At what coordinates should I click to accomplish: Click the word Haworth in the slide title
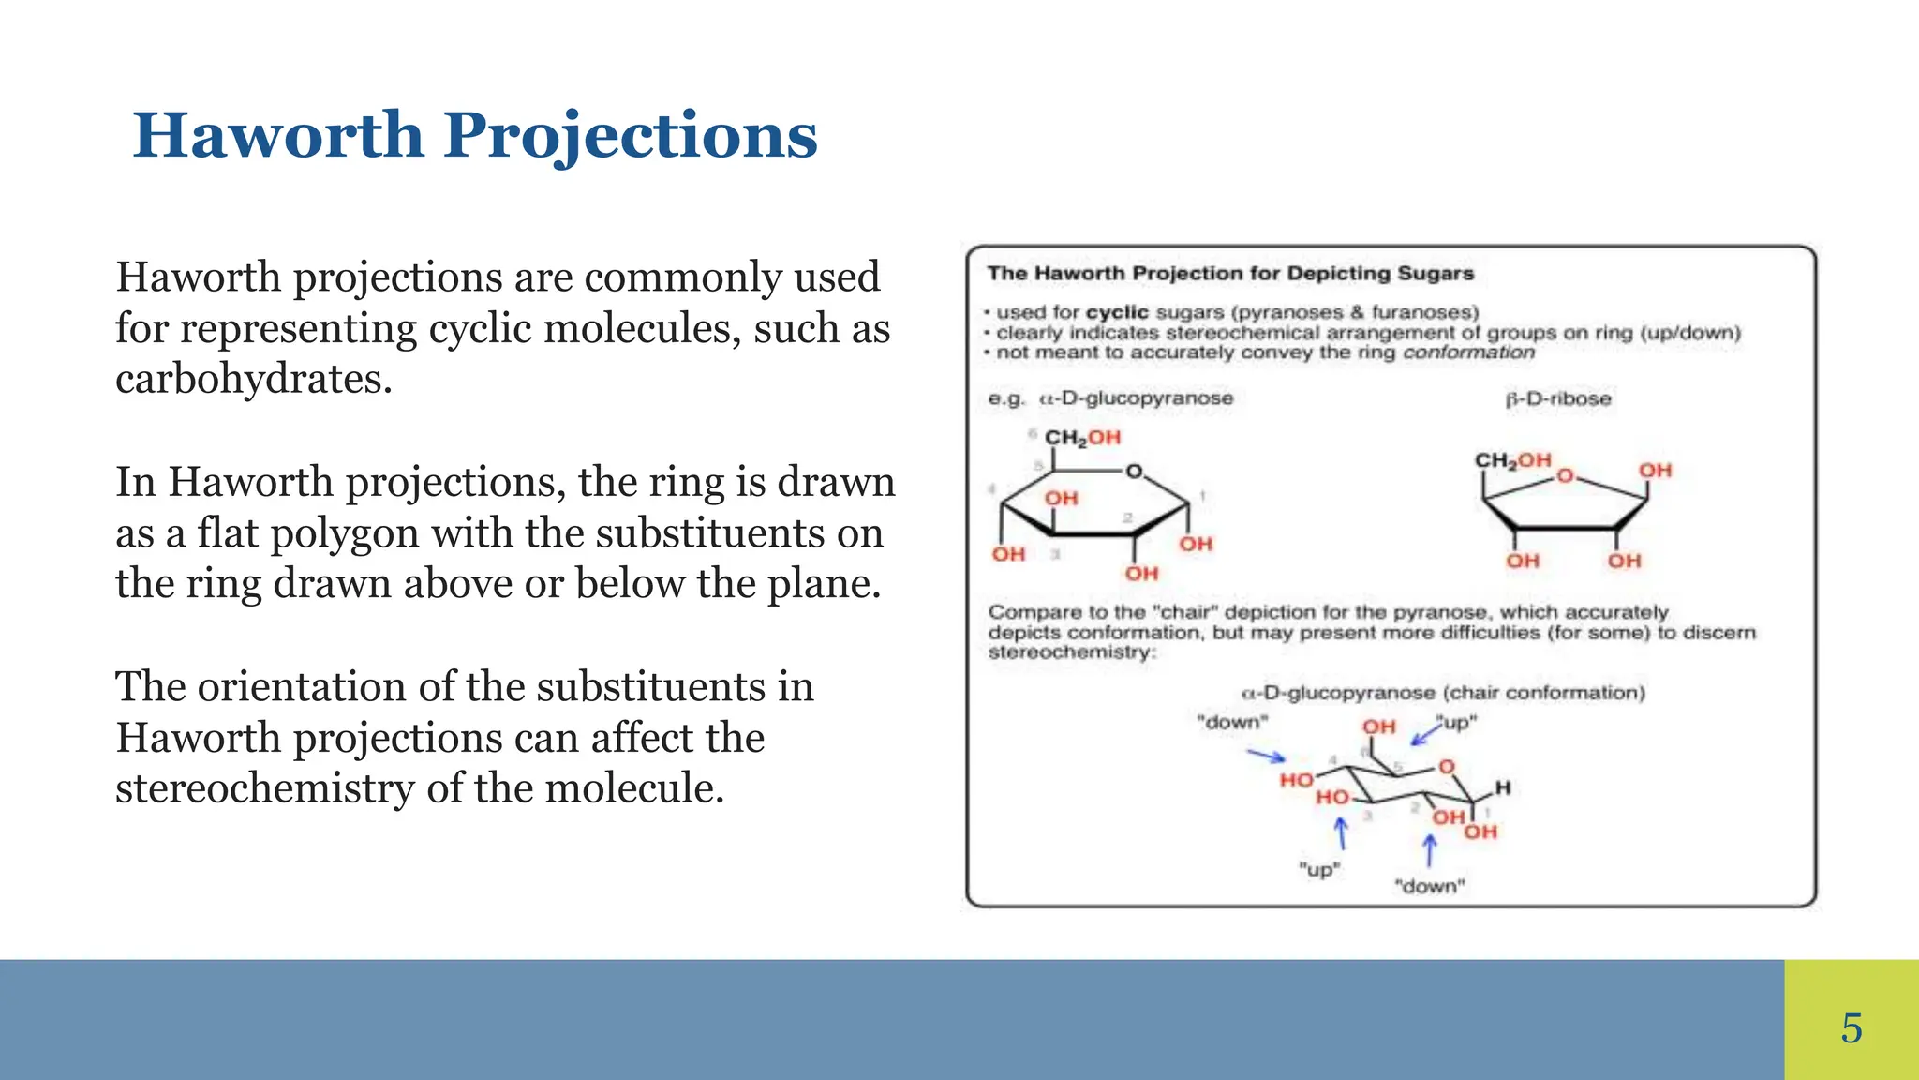point(278,136)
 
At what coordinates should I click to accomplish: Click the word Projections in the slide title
point(630,136)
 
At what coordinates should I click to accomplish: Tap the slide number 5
point(1851,1028)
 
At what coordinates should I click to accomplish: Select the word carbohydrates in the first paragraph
point(253,380)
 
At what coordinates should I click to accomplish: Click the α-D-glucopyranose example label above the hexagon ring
point(1136,398)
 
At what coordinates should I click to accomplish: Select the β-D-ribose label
point(1558,398)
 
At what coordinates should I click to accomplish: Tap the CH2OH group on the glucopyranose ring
point(1082,438)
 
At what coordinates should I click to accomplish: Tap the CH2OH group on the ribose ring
point(1512,460)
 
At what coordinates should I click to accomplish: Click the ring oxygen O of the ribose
point(1564,476)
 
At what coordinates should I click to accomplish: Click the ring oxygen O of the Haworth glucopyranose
point(1134,472)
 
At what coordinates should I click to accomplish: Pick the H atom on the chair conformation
point(1503,787)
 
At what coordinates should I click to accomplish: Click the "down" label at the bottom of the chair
point(1429,886)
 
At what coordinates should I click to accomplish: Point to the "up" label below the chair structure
point(1319,869)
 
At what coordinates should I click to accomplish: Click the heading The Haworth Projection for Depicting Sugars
point(1229,274)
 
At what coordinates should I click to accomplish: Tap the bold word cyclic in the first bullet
point(1117,312)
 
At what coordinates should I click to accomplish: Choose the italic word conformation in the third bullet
point(1468,352)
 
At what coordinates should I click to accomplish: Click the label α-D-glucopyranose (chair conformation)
point(1443,693)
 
